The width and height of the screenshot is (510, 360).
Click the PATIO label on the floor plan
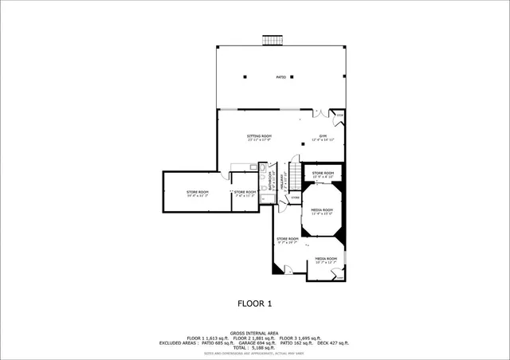point(281,77)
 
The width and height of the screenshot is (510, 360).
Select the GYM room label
point(324,138)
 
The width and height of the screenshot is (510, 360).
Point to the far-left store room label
point(198,193)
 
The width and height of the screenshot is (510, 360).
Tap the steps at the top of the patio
point(273,40)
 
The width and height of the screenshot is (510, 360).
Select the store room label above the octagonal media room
point(323,174)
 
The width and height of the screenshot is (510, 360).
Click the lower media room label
point(326,260)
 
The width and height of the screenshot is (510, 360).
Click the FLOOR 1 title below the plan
point(255,303)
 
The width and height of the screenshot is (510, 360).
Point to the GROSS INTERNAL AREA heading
point(254,333)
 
